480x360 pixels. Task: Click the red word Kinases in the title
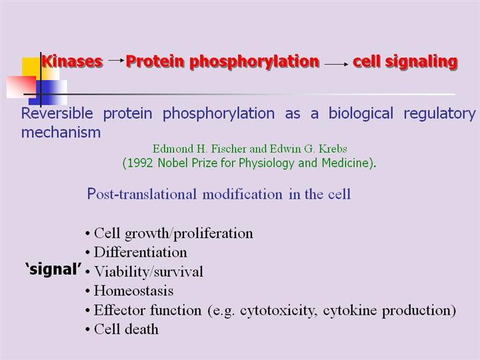72,61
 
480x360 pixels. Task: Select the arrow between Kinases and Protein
116,60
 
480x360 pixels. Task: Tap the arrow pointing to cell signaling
336,64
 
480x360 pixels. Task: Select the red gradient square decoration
21,87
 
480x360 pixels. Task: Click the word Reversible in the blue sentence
57,113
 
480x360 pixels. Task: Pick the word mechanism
61,132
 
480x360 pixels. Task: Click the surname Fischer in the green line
229,149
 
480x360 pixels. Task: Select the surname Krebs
333,149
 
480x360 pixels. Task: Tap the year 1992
139,163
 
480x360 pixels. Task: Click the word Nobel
173,163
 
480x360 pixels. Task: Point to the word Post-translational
142,194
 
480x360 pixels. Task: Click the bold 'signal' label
53,269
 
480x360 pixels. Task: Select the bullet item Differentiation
140,253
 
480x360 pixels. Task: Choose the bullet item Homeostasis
133,291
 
